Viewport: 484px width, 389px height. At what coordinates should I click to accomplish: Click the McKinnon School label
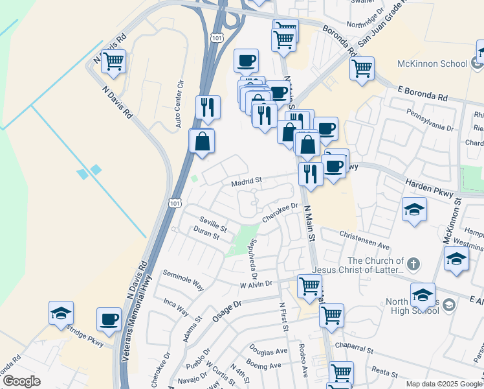[432, 64]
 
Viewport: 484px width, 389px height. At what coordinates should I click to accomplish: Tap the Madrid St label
[247, 182]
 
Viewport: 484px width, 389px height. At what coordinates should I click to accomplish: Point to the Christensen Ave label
[366, 241]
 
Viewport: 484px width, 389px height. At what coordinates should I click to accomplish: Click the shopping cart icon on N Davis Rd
[113, 62]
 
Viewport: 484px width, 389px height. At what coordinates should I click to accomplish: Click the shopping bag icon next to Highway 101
[202, 140]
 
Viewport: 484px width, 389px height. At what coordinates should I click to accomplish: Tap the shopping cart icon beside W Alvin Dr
[310, 285]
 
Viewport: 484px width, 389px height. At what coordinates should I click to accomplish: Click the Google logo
[21, 381]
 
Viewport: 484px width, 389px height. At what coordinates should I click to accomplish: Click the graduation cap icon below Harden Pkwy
[414, 209]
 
